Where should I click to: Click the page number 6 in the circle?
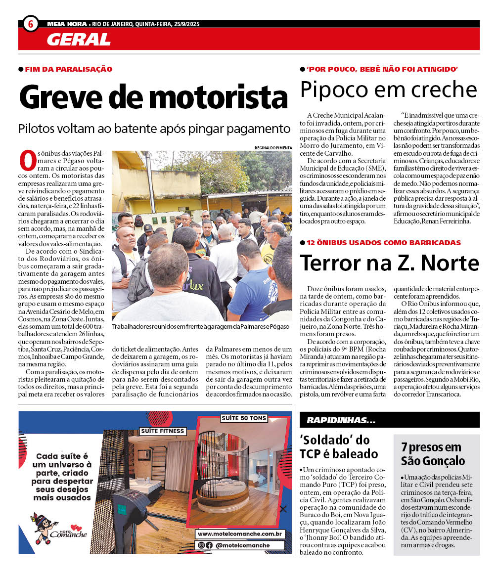[x=31, y=24]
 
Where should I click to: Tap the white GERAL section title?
[x=78, y=40]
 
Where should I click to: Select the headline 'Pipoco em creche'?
[x=389, y=90]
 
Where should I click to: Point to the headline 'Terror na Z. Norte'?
[x=390, y=263]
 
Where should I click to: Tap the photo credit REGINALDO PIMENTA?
[x=273, y=147]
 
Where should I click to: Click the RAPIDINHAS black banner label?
[x=341, y=420]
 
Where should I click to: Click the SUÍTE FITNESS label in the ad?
[x=163, y=431]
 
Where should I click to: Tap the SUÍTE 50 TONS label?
[x=244, y=418]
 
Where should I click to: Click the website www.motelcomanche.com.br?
[x=240, y=534]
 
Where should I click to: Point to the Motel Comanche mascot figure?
[x=44, y=527]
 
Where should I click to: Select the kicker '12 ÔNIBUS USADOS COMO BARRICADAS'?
[x=383, y=243]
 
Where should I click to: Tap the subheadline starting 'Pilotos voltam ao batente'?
[x=154, y=129]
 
